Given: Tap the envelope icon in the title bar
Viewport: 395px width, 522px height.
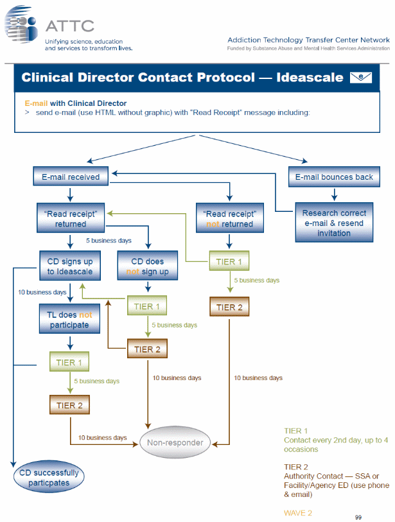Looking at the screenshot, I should (x=360, y=78).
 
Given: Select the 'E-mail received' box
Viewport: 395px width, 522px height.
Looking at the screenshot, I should (x=71, y=177).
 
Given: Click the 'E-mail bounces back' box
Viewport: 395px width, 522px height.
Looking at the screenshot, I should (x=334, y=177).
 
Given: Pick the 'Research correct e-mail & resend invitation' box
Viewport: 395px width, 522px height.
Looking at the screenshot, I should (x=334, y=223).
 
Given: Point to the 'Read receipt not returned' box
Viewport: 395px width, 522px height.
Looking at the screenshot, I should (x=229, y=219).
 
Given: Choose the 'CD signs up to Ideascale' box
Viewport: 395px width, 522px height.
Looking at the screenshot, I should (x=70, y=266).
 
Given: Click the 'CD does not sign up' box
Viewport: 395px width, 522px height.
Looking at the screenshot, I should (x=147, y=266).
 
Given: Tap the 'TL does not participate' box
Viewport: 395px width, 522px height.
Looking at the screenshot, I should (x=70, y=320).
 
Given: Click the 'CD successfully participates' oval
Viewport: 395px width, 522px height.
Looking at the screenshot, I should (x=49, y=478).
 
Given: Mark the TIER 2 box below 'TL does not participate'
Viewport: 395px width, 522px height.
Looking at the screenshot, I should (x=69, y=405).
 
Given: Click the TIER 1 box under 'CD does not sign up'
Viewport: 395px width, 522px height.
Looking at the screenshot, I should (x=147, y=306).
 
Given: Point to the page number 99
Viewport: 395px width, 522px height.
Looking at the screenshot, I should (x=358, y=516).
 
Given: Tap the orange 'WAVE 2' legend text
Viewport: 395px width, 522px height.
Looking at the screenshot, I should (x=298, y=512).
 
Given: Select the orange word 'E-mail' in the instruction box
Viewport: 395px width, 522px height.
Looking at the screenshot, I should (x=36, y=103).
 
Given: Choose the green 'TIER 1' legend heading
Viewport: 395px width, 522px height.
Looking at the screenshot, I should (x=296, y=431).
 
